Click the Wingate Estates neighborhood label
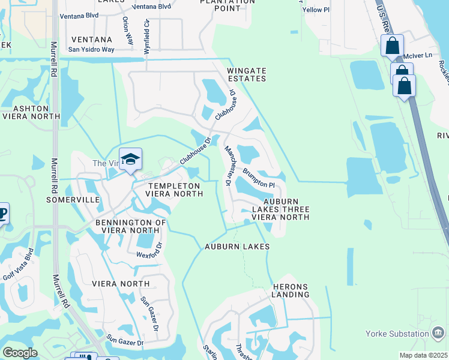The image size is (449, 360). coord(246,74)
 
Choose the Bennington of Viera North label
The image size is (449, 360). coord(130,226)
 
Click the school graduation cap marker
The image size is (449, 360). coord(130,160)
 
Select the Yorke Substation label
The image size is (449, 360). coord(397,334)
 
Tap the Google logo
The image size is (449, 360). coord(20,353)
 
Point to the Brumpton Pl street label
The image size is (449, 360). coord(259,178)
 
